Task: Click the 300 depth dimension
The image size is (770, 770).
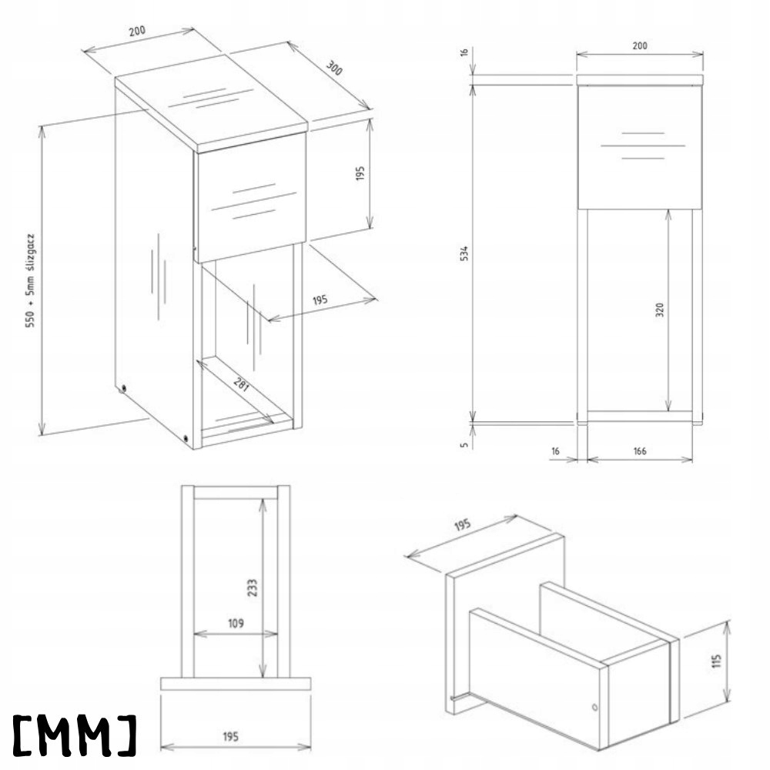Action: [x=333, y=67]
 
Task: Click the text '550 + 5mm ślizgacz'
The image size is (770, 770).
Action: [x=32, y=278]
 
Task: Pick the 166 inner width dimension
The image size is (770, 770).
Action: [x=639, y=450]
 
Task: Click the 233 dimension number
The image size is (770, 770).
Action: [x=253, y=588]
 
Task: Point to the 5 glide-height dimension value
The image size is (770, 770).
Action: [x=465, y=444]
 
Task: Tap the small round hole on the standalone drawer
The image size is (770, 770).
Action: [x=594, y=706]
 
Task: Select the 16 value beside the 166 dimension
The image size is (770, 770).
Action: [x=556, y=450]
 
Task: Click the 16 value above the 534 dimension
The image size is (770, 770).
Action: [x=464, y=52]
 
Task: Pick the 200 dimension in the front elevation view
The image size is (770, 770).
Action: [x=639, y=45]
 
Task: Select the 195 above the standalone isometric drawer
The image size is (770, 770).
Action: [x=461, y=526]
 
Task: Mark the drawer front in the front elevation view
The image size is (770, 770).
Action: [x=639, y=146]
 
